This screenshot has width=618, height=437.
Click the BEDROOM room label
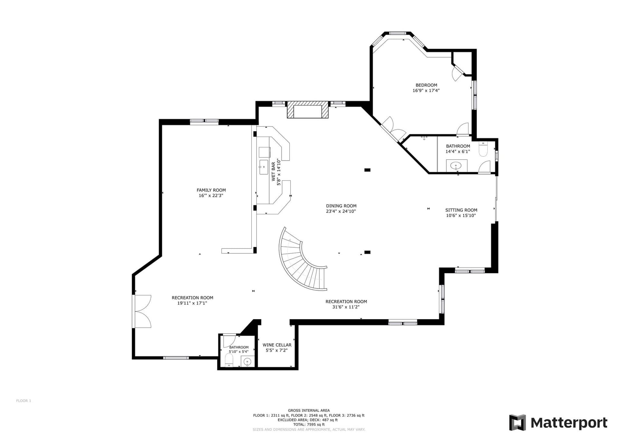(426, 85)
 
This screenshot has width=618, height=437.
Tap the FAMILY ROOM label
(211, 190)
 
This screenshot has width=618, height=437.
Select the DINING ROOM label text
(341, 206)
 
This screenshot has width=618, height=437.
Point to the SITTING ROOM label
(461, 210)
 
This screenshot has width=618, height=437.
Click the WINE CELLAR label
(277, 345)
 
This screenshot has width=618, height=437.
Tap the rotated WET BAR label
(273, 171)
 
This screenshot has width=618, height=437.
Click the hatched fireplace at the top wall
(308, 110)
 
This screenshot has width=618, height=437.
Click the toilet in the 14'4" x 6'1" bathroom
(483, 149)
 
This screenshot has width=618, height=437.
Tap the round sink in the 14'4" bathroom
(456, 166)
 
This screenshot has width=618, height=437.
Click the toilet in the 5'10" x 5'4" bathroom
(229, 360)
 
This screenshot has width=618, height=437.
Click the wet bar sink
(264, 167)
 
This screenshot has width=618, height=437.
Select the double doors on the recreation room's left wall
(143, 311)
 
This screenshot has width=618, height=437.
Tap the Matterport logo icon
(517, 423)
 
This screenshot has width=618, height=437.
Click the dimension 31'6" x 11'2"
(346, 307)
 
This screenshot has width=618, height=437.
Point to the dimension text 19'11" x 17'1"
(192, 303)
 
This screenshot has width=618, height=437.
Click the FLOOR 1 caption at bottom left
(23, 401)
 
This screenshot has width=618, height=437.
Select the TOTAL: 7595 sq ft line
(308, 424)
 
